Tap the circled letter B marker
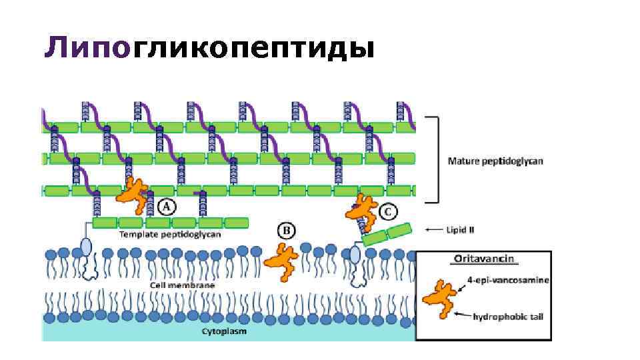tap(286, 231)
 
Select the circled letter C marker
tap(388, 212)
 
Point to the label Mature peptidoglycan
tap(495, 161)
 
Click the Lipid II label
tap(461, 230)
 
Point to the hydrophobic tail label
tap(507, 316)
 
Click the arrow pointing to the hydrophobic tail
tap(463, 313)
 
